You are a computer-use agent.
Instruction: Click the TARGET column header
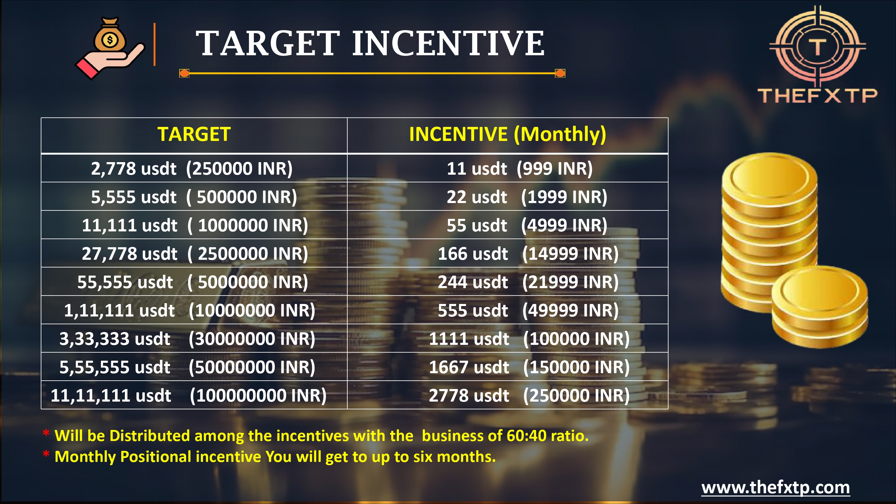pos(194,134)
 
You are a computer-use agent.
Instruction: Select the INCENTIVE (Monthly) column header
pos(507,135)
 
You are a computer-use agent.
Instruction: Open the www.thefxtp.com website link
pos(775,488)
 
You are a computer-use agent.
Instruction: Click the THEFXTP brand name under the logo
pos(817,96)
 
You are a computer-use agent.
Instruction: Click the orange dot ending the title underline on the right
pos(560,73)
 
